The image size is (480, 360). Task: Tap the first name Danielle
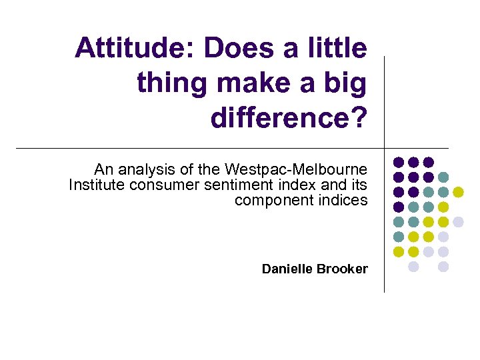(288, 269)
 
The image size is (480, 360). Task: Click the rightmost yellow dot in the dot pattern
(458, 192)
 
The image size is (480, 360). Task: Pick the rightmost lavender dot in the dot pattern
(458, 221)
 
